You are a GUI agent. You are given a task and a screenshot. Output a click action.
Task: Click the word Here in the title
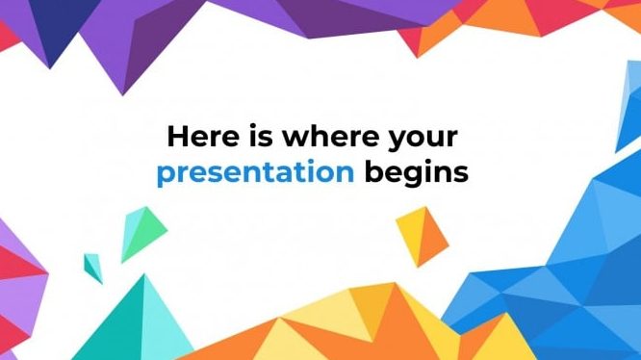click(x=203, y=136)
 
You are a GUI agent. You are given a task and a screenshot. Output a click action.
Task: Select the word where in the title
click(x=330, y=136)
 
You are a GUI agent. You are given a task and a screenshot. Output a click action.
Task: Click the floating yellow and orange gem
click(x=423, y=237)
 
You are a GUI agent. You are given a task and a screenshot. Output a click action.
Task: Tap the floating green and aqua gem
click(x=144, y=234)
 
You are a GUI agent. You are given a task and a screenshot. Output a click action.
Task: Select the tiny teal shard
click(x=93, y=268)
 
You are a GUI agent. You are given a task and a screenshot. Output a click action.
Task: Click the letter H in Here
click(x=177, y=136)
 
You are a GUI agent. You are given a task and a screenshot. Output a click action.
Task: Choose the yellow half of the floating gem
click(x=411, y=234)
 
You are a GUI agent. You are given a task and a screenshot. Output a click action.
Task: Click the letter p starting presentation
click(x=167, y=176)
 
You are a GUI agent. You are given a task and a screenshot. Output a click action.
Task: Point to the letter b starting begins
click(x=374, y=171)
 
